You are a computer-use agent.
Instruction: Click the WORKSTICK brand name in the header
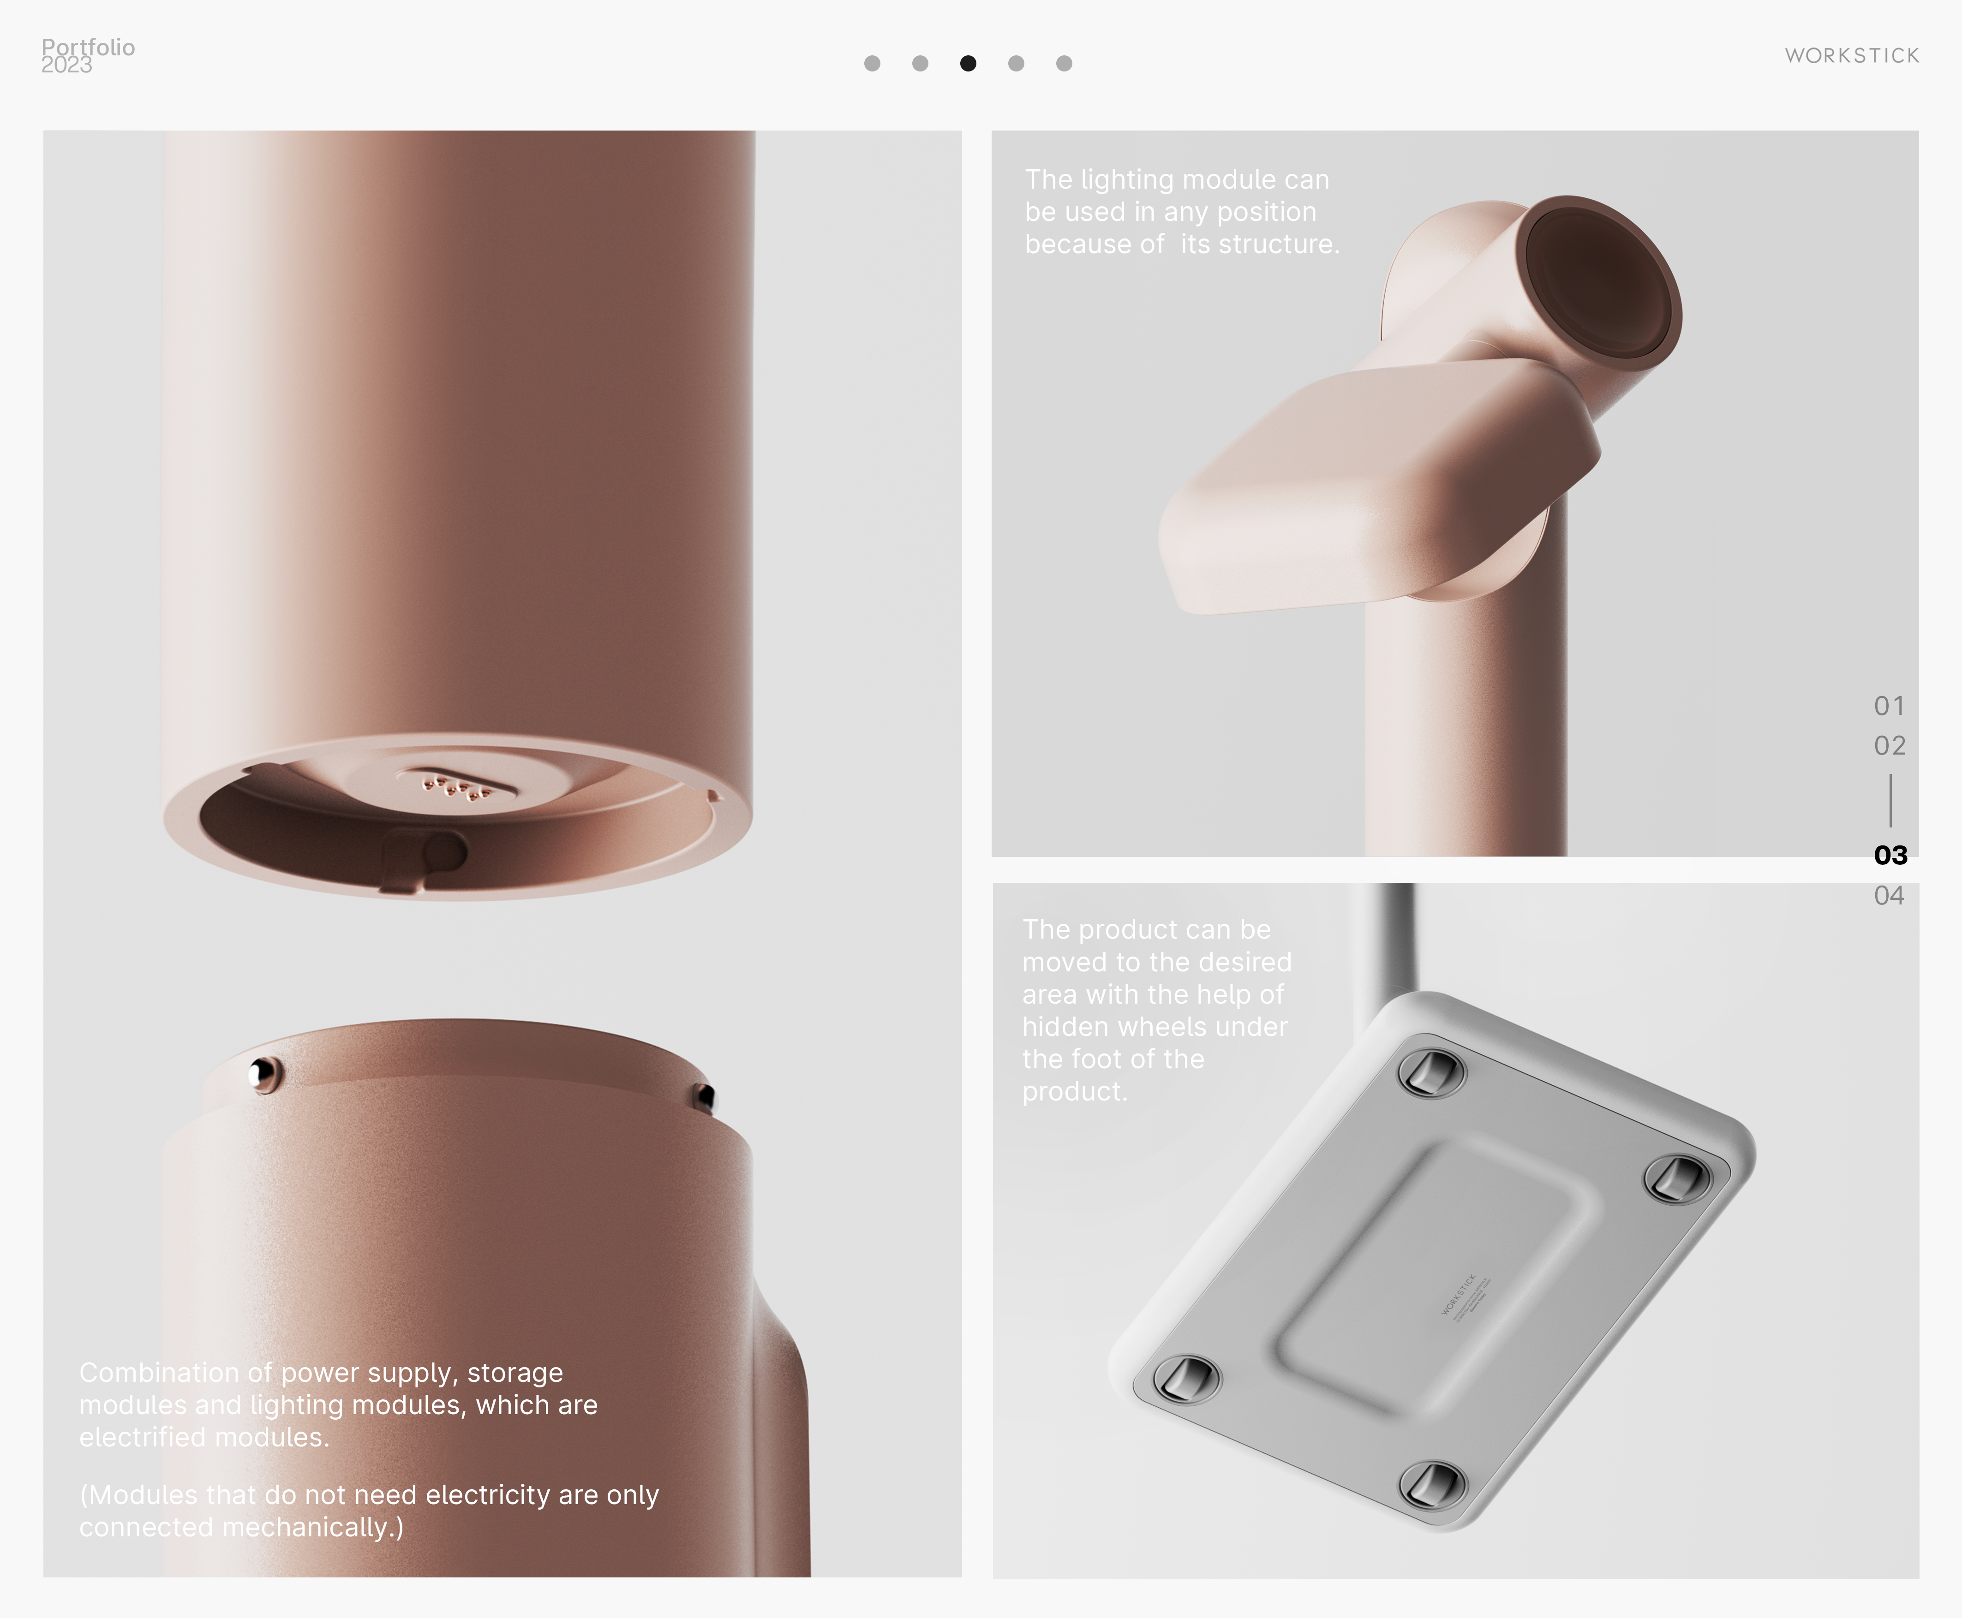pyautogui.click(x=1852, y=56)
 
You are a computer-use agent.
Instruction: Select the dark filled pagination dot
pyautogui.click(x=968, y=63)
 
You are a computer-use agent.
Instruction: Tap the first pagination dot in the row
pyautogui.click(x=872, y=63)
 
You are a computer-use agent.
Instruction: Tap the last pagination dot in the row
pyautogui.click(x=1064, y=63)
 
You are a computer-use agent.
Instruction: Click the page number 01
pyautogui.click(x=1889, y=706)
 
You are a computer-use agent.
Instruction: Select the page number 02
pyautogui.click(x=1889, y=746)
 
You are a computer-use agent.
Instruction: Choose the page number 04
pyautogui.click(x=1889, y=896)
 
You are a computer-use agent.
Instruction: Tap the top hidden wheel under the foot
pyautogui.click(x=1431, y=1072)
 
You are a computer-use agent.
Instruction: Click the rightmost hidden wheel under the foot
pyautogui.click(x=1677, y=1178)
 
